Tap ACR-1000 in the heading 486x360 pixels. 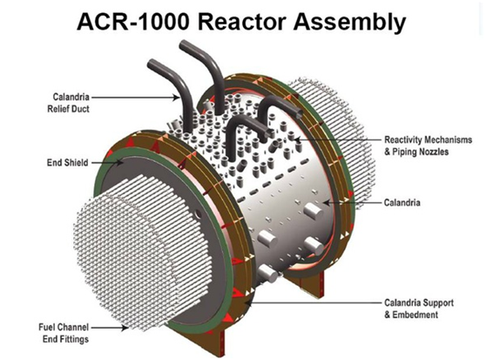point(132,22)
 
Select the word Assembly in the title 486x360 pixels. point(349,23)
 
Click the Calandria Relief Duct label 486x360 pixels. point(68,103)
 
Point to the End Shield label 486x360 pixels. point(68,162)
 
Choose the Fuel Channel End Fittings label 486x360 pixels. point(64,333)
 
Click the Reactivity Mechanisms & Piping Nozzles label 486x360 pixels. point(428,146)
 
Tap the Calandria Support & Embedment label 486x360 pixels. point(419,309)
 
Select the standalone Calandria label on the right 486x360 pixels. point(402,202)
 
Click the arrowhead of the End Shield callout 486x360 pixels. point(120,162)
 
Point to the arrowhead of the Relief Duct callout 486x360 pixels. point(176,98)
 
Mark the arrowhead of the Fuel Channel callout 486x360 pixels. point(125,327)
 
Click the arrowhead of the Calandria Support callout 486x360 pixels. point(245,302)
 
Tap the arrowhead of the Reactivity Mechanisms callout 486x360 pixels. point(297,139)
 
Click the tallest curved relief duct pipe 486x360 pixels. point(205,74)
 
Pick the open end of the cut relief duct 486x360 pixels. point(299,113)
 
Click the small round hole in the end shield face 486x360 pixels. point(198,214)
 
